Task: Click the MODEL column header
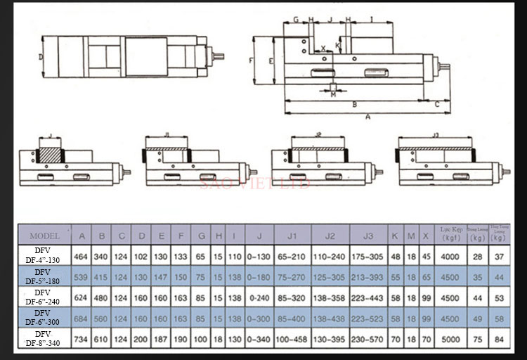[x=45, y=236]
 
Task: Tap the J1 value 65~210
[x=291, y=257]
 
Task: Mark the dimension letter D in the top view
[x=41, y=56]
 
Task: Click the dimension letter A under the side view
[x=367, y=117]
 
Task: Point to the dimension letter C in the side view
[x=437, y=104]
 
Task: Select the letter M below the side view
[x=333, y=95]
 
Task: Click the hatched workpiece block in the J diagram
[x=50, y=153]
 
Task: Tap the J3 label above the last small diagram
[x=435, y=134]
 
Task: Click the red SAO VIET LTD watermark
[x=255, y=184]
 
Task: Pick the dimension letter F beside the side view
[x=251, y=61]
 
